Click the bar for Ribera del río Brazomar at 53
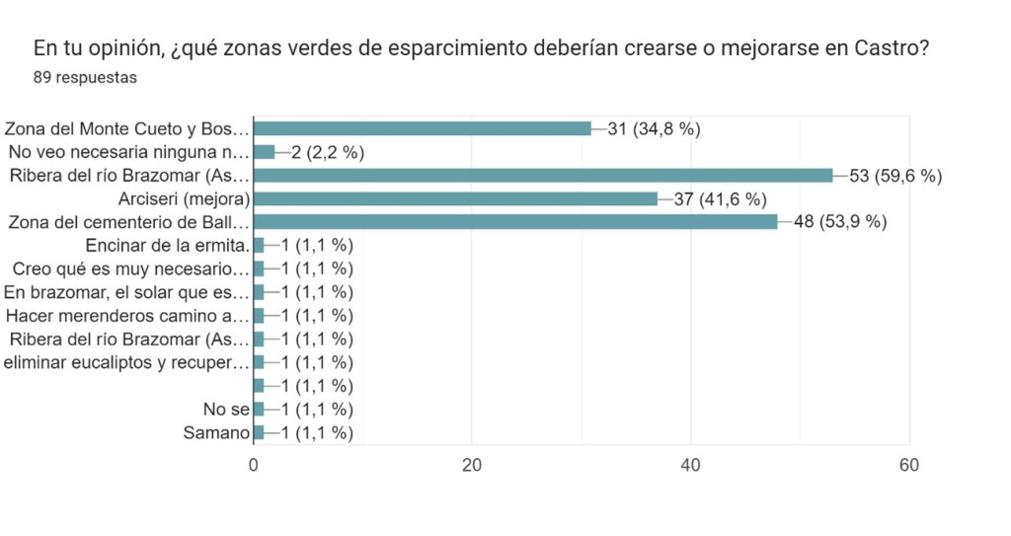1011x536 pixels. (543, 176)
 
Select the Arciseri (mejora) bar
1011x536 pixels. (455, 199)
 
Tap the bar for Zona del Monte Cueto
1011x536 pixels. (423, 128)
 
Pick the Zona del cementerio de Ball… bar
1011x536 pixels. (515, 222)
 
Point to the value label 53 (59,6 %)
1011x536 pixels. (895, 176)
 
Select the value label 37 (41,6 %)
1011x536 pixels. (720, 199)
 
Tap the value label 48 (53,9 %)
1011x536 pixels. (839, 222)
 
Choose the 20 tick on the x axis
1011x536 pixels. (472, 466)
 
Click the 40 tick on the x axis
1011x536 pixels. (691, 466)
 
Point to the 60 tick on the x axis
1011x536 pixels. (908, 466)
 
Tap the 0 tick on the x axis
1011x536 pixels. (254, 466)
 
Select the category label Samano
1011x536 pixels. (216, 432)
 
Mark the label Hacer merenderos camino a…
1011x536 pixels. (127, 316)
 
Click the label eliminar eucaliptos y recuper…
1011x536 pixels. (126, 362)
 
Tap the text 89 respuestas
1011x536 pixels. (85, 78)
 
